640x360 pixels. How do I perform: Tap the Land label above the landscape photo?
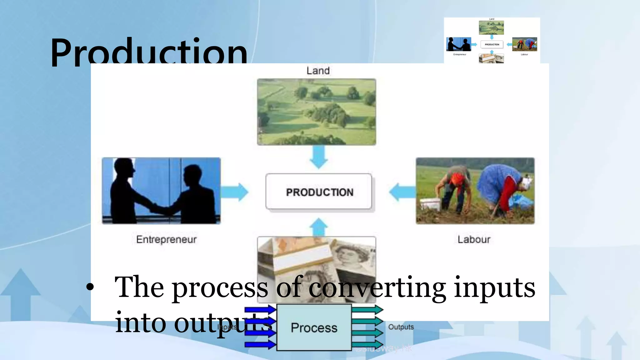(x=318, y=71)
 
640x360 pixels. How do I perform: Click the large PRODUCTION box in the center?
(x=319, y=192)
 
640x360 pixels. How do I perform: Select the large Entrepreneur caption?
(x=166, y=239)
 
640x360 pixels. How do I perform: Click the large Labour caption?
(x=474, y=239)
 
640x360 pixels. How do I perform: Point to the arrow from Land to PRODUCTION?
(x=318, y=157)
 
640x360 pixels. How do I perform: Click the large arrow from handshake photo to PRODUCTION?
(x=235, y=192)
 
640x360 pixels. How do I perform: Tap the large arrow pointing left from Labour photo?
(x=402, y=192)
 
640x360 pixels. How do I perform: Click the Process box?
(x=314, y=327)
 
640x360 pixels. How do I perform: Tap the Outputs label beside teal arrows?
(x=401, y=327)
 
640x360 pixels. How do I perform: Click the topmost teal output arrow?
(x=367, y=310)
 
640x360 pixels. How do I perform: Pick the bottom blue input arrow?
(x=260, y=345)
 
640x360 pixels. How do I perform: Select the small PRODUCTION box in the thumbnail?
(x=492, y=44)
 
